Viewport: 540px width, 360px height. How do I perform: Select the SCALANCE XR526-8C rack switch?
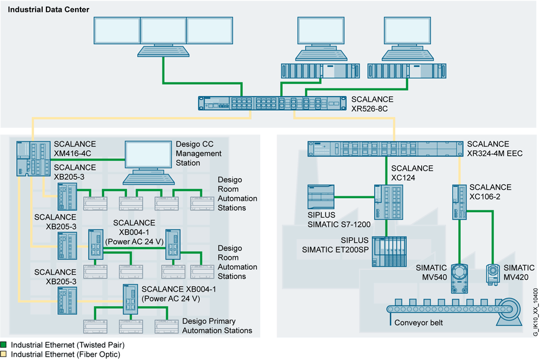271,104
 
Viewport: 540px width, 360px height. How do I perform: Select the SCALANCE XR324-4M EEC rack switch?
384,148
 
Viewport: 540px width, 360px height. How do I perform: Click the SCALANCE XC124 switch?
385,202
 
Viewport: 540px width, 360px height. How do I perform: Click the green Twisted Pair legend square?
3,344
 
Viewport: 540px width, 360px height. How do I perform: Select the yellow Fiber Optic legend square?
3,354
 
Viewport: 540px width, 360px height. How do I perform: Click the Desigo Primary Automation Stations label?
217,325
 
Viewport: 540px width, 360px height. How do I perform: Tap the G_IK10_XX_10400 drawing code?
535,313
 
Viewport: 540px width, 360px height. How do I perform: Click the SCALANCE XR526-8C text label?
372,104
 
